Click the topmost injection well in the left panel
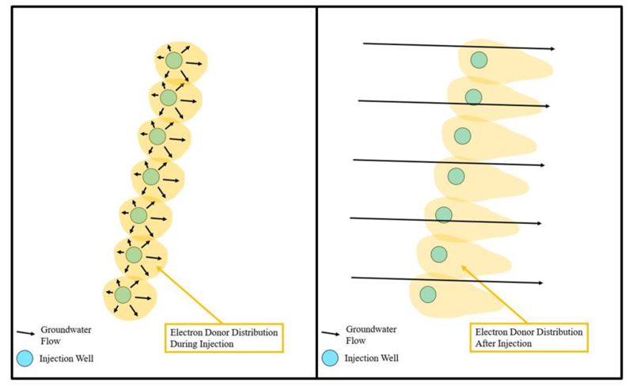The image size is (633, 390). click(174, 61)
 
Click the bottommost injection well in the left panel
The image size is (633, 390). click(123, 294)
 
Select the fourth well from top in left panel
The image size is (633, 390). click(151, 176)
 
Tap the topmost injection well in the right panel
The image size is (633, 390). click(479, 59)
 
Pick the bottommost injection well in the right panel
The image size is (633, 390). click(428, 294)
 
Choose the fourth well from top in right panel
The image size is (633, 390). click(456, 176)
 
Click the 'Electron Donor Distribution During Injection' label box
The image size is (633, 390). click(222, 338)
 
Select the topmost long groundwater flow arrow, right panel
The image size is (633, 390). click(459, 46)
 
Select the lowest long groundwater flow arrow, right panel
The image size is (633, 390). click(447, 280)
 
